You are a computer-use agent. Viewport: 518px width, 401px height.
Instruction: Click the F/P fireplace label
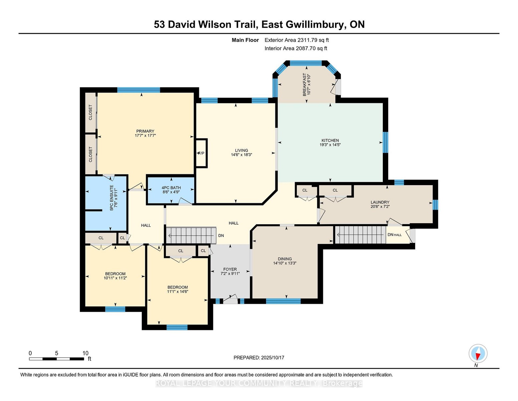[202, 153]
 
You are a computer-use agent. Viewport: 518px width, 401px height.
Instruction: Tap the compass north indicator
[478, 354]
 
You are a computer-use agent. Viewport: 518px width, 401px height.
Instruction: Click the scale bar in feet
[56, 359]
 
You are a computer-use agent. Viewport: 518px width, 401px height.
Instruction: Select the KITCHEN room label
[330, 140]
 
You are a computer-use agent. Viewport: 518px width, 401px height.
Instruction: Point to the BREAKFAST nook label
[304, 85]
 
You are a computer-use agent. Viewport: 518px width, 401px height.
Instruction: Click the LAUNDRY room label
[380, 202]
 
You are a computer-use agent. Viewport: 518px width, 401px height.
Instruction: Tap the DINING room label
[285, 259]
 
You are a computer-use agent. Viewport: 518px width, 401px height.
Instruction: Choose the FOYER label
[230, 269]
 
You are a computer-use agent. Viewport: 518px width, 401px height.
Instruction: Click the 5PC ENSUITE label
[111, 198]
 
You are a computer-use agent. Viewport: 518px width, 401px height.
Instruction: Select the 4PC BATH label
[171, 188]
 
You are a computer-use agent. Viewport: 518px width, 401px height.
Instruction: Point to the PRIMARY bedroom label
[145, 131]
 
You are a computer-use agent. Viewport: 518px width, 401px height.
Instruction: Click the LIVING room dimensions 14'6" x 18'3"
[242, 155]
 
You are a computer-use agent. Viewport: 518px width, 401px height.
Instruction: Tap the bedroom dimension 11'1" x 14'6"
[178, 291]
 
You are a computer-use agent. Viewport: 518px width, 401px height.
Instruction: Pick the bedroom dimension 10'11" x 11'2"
[115, 278]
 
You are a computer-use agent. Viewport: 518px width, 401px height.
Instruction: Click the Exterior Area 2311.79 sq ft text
[296, 40]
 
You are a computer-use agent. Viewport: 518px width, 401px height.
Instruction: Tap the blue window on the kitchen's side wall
[385, 142]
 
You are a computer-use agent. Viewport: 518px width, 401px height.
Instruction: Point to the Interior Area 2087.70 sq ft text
[296, 48]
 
